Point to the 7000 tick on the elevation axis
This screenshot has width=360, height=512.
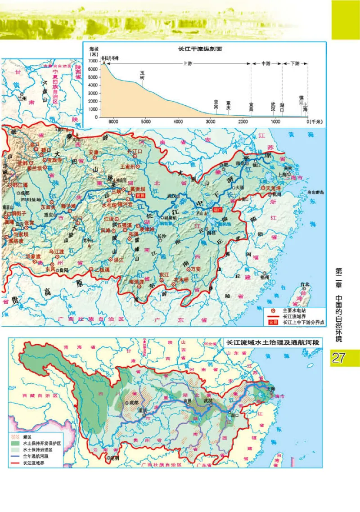[94, 61]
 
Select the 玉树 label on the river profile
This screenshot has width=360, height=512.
[143, 74]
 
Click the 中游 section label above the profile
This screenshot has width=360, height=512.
[266, 64]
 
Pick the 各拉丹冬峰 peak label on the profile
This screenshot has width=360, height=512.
[109, 58]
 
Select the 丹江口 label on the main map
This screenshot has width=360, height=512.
[135, 151]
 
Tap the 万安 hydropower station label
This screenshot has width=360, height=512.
[195, 269]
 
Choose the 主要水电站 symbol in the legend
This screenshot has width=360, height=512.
[272, 310]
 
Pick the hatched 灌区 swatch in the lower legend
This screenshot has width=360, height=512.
[16, 437]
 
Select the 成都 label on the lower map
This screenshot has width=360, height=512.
[135, 403]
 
